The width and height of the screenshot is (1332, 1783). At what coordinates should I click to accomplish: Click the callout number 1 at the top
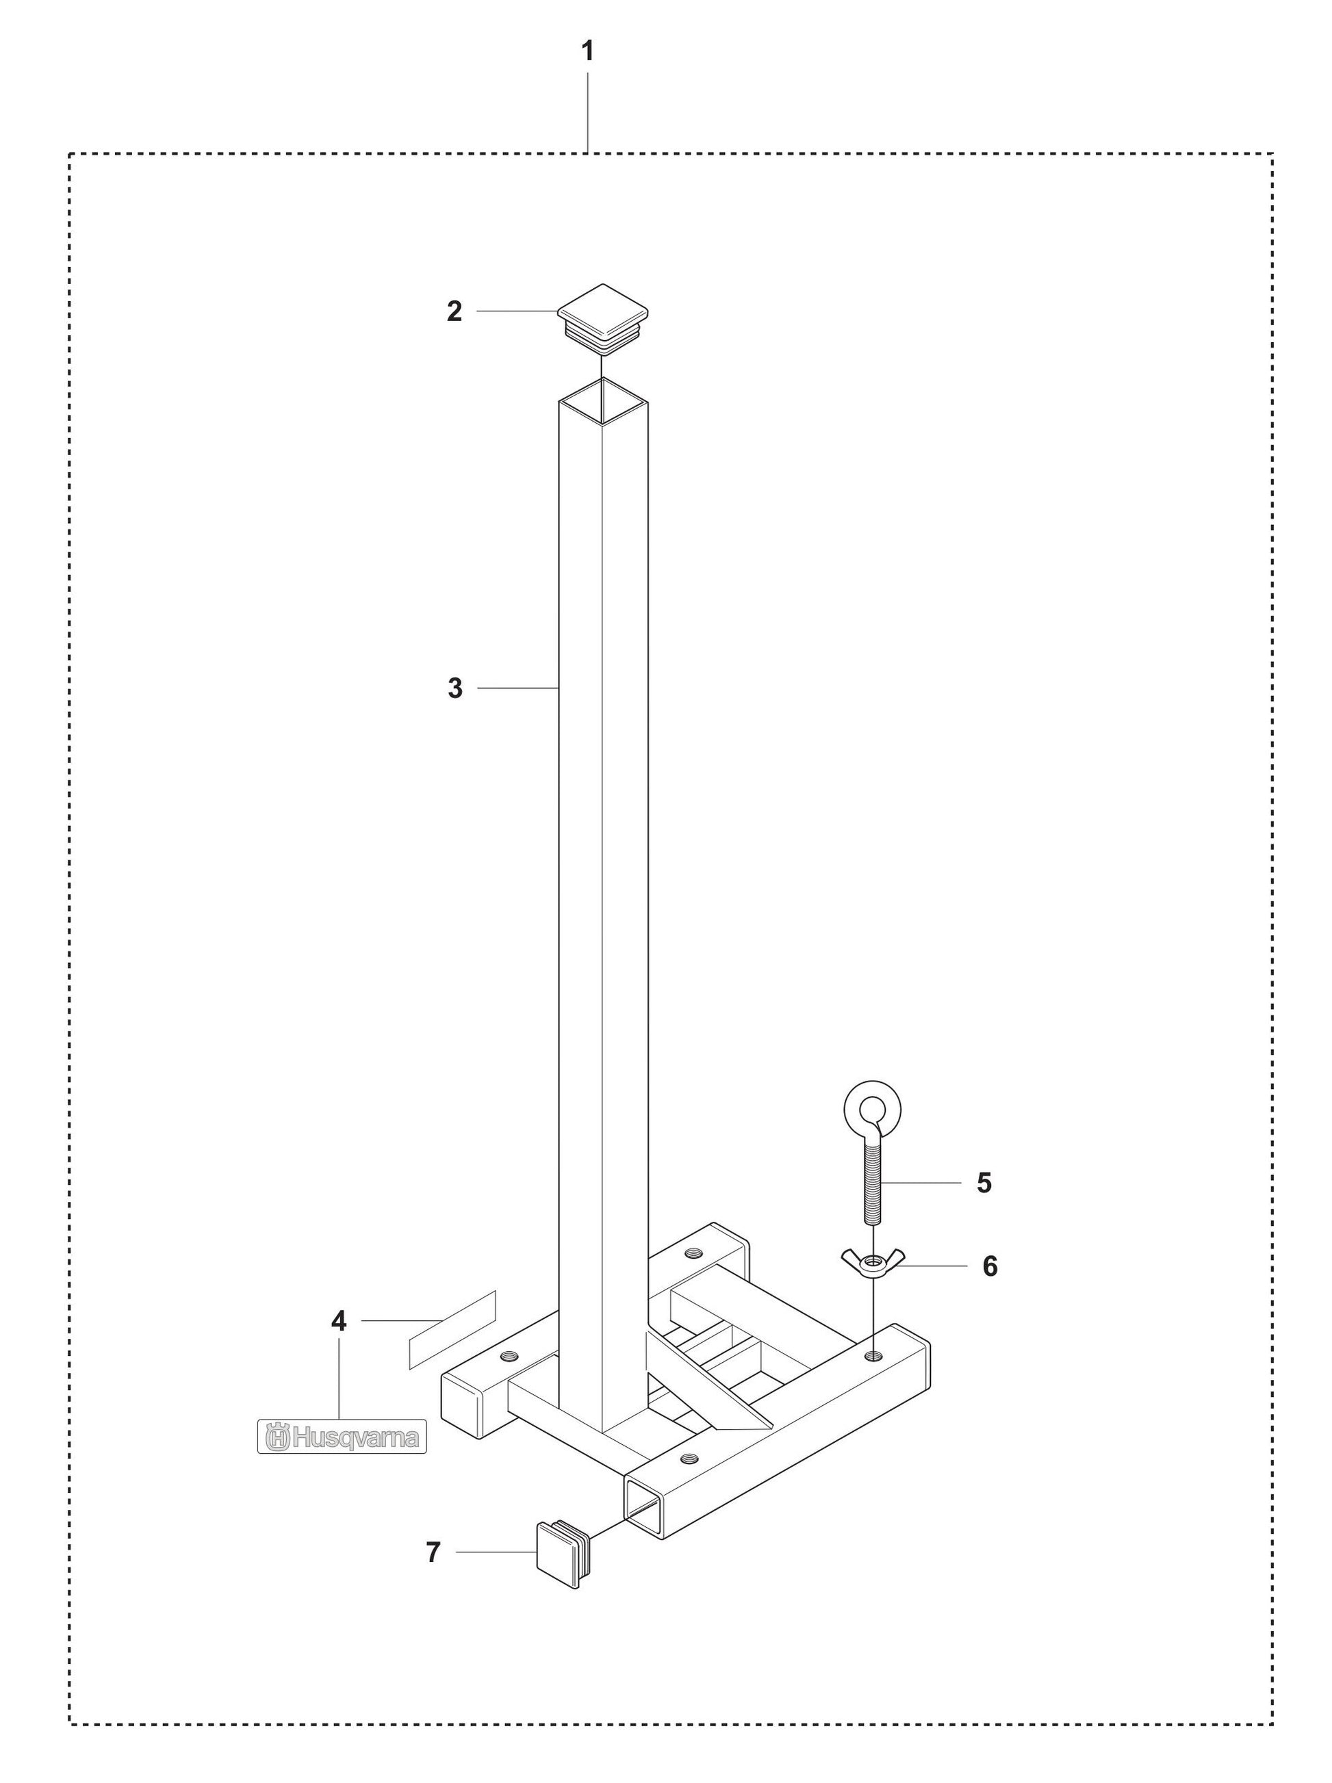point(588,51)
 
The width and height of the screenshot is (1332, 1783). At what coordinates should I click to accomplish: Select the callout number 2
point(454,311)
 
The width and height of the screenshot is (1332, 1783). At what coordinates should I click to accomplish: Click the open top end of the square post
point(604,400)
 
